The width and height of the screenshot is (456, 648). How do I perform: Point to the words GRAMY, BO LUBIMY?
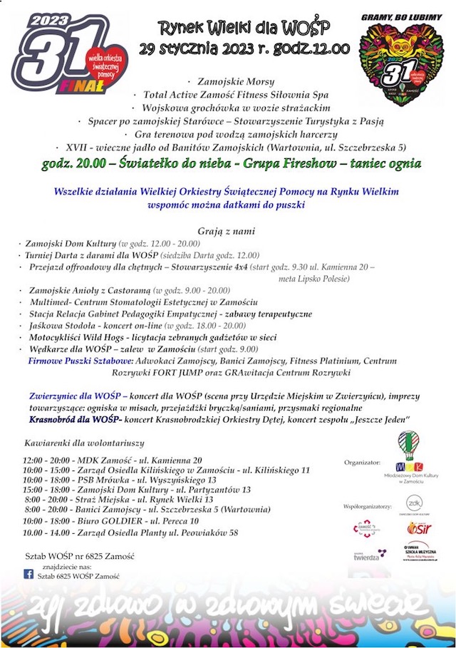401,16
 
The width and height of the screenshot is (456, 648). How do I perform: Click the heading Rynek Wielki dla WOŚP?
244,27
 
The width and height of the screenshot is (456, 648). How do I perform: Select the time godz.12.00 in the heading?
313,48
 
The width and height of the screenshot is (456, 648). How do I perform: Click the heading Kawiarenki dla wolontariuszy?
84,443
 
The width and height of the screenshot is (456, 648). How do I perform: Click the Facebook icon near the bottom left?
28,574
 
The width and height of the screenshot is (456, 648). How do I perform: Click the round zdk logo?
414,503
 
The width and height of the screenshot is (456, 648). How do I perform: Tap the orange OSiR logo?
420,528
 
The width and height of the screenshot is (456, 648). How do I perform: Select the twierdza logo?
368,555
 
